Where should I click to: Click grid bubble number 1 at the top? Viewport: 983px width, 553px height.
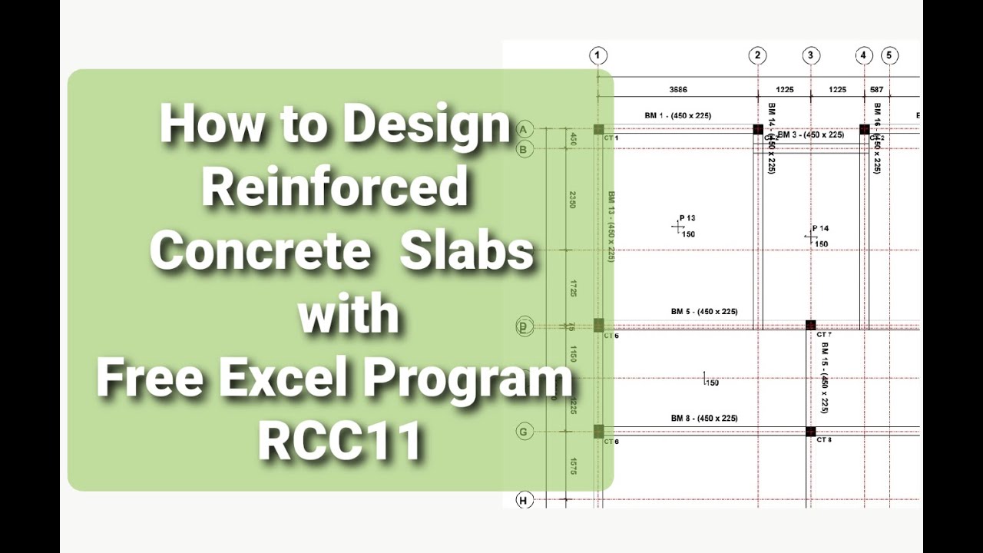tap(598, 55)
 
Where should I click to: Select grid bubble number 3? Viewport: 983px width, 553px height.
tap(811, 55)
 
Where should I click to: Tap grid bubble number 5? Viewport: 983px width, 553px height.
tap(889, 55)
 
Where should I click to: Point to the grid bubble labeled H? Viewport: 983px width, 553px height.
tap(524, 501)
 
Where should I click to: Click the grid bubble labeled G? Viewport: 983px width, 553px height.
tap(524, 432)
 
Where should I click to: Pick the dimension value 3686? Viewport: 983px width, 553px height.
tap(677, 90)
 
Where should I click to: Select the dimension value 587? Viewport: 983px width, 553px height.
tap(876, 90)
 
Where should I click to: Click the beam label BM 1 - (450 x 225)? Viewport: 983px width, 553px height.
tap(677, 116)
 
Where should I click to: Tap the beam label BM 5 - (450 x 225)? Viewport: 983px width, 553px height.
tap(703, 312)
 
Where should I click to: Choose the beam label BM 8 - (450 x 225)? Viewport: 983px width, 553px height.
tap(703, 419)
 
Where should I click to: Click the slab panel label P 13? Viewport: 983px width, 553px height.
tap(687, 218)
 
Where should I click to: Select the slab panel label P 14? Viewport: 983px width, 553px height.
tap(820, 228)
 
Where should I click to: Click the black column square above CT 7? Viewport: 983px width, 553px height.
tap(810, 325)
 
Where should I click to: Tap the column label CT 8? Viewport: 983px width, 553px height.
tap(824, 440)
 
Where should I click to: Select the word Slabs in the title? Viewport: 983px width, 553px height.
tap(466, 250)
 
